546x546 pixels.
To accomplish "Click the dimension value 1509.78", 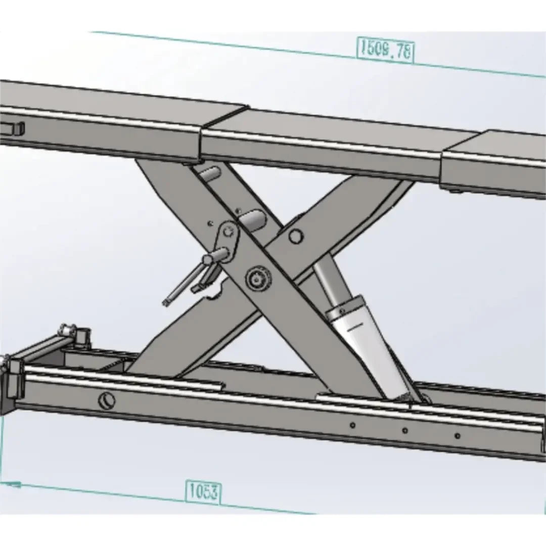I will coord(385,50).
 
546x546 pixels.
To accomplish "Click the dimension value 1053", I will coord(203,491).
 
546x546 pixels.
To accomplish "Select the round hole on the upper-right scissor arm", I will coord(296,236).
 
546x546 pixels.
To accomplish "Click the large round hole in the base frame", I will coord(107,400).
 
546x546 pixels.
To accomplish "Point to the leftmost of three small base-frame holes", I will coord(353,425).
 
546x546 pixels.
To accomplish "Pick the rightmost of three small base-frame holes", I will coord(458,435).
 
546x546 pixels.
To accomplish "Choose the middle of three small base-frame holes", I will coord(405,431).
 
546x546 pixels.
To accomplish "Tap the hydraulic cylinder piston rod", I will coord(327,278).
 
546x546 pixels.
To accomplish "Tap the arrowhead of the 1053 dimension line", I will coord(13,484).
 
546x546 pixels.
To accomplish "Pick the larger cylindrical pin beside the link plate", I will coord(253,220).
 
